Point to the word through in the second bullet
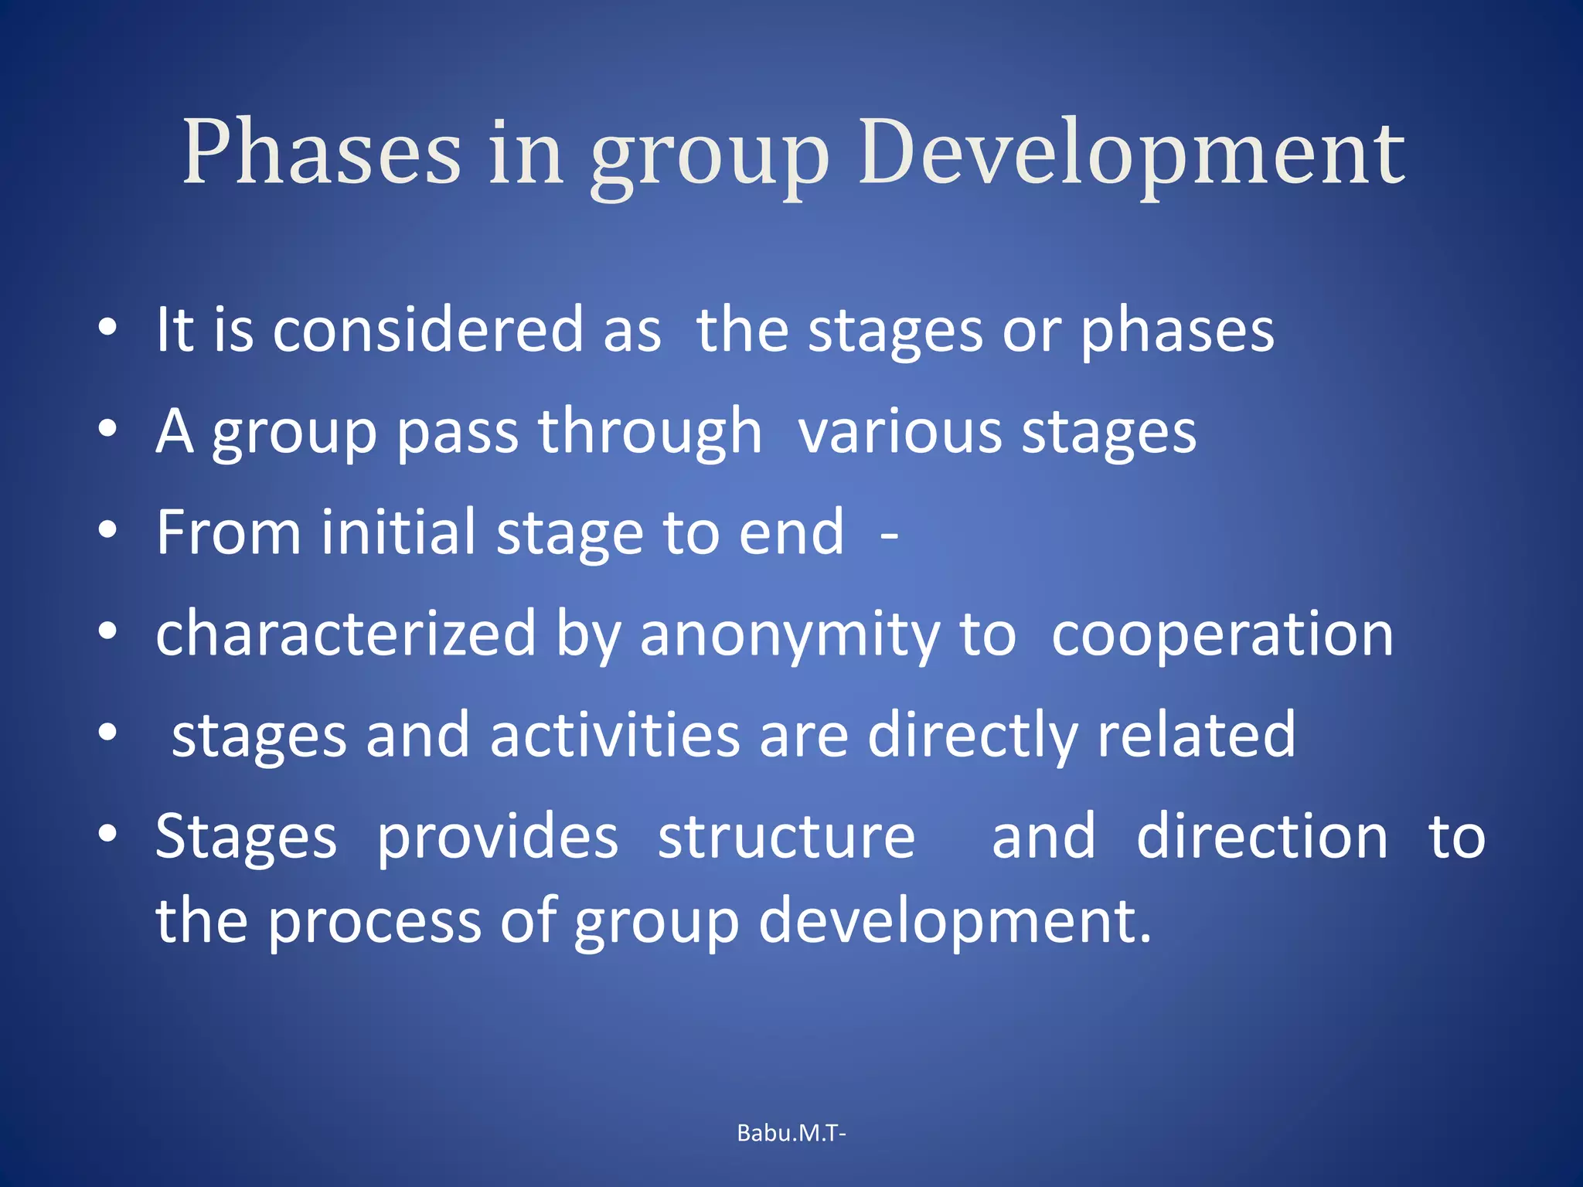tap(650, 432)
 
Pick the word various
tap(900, 432)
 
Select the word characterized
tap(346, 634)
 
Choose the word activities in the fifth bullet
tap(614, 735)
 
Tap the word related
tap(1196, 735)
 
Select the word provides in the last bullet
tap(497, 838)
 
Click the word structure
tap(786, 838)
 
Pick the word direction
tap(1261, 837)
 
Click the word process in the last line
tap(374, 922)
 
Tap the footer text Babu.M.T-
tap(791, 1133)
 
